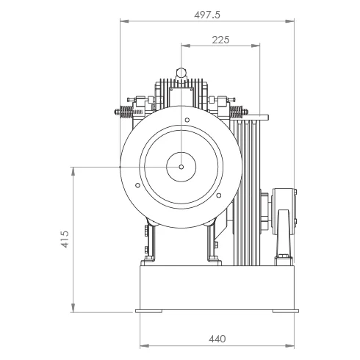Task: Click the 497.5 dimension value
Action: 207,15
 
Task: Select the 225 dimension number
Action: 220,40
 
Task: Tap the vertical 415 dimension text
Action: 65,239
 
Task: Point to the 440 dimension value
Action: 217,339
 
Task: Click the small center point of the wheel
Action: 181,167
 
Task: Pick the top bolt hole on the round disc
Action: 187,120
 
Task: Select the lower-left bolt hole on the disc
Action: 138,185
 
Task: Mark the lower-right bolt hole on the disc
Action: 219,195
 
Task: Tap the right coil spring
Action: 237,112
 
